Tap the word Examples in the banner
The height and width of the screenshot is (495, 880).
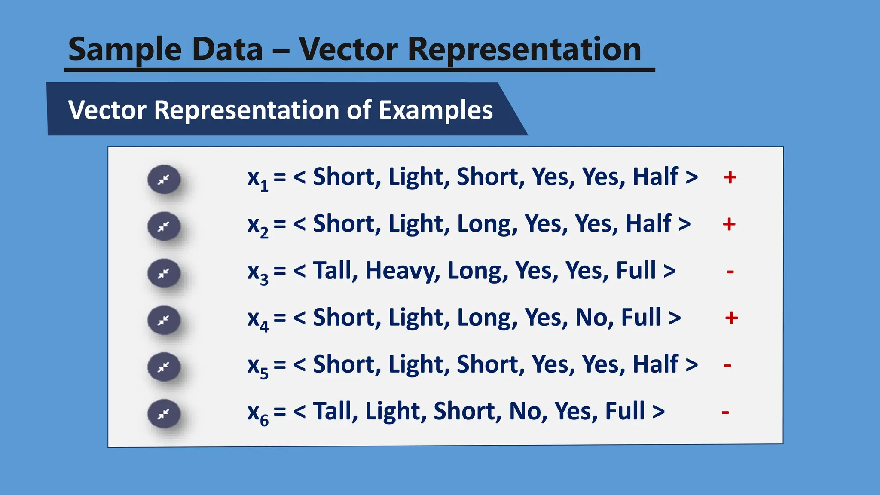pyautogui.click(x=435, y=110)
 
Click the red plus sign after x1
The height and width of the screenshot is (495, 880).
pyautogui.click(x=730, y=177)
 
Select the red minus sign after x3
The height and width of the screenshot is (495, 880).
pyautogui.click(x=730, y=272)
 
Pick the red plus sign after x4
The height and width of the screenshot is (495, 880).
pyautogui.click(x=731, y=318)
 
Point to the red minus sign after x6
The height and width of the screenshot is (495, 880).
pyautogui.click(x=725, y=413)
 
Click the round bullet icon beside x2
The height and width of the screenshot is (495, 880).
pyautogui.click(x=164, y=226)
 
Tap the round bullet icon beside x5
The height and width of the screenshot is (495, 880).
pyautogui.click(x=164, y=367)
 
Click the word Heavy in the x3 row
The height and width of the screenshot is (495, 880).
pyautogui.click(x=402, y=271)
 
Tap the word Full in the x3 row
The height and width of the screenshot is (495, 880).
pyautogui.click(x=636, y=271)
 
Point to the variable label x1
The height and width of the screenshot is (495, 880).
pyautogui.click(x=257, y=179)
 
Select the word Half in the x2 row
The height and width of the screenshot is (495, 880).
pyautogui.click(x=648, y=224)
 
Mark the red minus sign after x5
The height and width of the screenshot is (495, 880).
pyautogui.click(x=727, y=366)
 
